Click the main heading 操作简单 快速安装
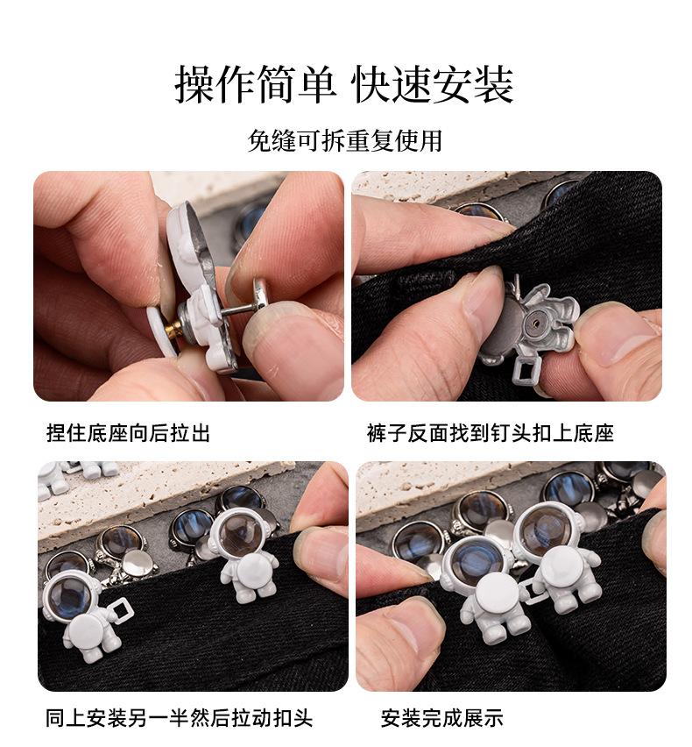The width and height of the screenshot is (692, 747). (x=344, y=85)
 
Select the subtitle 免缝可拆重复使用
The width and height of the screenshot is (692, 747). (x=345, y=140)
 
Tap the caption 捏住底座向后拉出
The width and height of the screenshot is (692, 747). (x=128, y=433)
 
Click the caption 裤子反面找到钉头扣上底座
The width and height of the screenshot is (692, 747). (x=491, y=433)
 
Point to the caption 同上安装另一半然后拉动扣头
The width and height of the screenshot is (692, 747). (x=179, y=718)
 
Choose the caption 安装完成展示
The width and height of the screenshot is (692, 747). (x=441, y=718)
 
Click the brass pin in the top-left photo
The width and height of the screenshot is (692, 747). (x=173, y=328)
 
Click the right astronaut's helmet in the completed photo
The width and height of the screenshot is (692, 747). (x=547, y=529)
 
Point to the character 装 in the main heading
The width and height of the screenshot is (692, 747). (x=493, y=85)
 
